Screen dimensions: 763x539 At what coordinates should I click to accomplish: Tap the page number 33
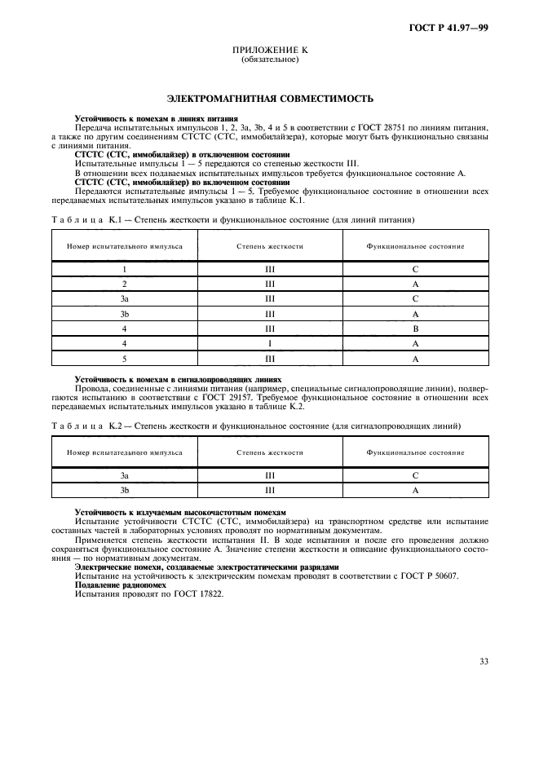pos(483,661)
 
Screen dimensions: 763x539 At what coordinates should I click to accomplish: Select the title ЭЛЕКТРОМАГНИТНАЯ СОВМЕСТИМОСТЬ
pos(270,99)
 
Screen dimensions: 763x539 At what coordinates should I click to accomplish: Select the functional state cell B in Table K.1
pos(415,329)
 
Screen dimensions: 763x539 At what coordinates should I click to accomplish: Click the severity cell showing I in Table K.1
pos(270,343)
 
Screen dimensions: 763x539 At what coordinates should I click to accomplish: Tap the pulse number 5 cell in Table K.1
pos(125,359)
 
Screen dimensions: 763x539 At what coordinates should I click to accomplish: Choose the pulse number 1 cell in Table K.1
pos(125,268)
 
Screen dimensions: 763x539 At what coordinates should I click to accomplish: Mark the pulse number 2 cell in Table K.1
pos(125,284)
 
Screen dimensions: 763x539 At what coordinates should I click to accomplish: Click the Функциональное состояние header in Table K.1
pos(415,245)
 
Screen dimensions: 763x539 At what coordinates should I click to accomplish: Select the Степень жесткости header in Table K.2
pos(270,452)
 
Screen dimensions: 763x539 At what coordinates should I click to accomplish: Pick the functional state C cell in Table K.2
pos(415,474)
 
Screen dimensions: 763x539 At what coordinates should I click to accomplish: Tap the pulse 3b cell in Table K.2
pos(125,490)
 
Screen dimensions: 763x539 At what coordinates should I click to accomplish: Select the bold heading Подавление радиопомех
pos(120,584)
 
